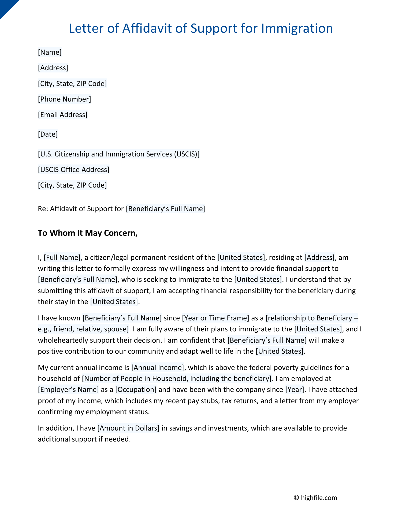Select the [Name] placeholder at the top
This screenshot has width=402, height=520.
[x=50, y=52]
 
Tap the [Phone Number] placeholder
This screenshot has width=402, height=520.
[x=64, y=99]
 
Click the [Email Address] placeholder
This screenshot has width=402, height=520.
[x=62, y=115]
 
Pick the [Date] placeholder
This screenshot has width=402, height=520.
[x=48, y=134]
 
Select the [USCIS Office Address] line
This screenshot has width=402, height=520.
[x=73, y=170]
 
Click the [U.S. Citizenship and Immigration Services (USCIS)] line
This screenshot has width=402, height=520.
[x=118, y=154]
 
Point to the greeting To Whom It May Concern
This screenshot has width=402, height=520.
[x=88, y=233]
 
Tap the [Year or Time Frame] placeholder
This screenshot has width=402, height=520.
[x=215, y=318]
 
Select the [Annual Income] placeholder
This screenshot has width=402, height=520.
[x=158, y=367]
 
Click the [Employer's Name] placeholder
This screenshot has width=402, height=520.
[x=68, y=389]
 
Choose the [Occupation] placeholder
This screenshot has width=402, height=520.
[x=136, y=389]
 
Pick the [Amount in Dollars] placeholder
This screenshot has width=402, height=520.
[x=128, y=428]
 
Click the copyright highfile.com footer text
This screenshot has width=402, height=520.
[x=315, y=497]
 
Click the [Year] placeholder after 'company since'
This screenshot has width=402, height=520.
[x=295, y=389]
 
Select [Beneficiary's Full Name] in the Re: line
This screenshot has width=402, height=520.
[x=165, y=208]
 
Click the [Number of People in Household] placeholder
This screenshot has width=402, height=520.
[x=177, y=378]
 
